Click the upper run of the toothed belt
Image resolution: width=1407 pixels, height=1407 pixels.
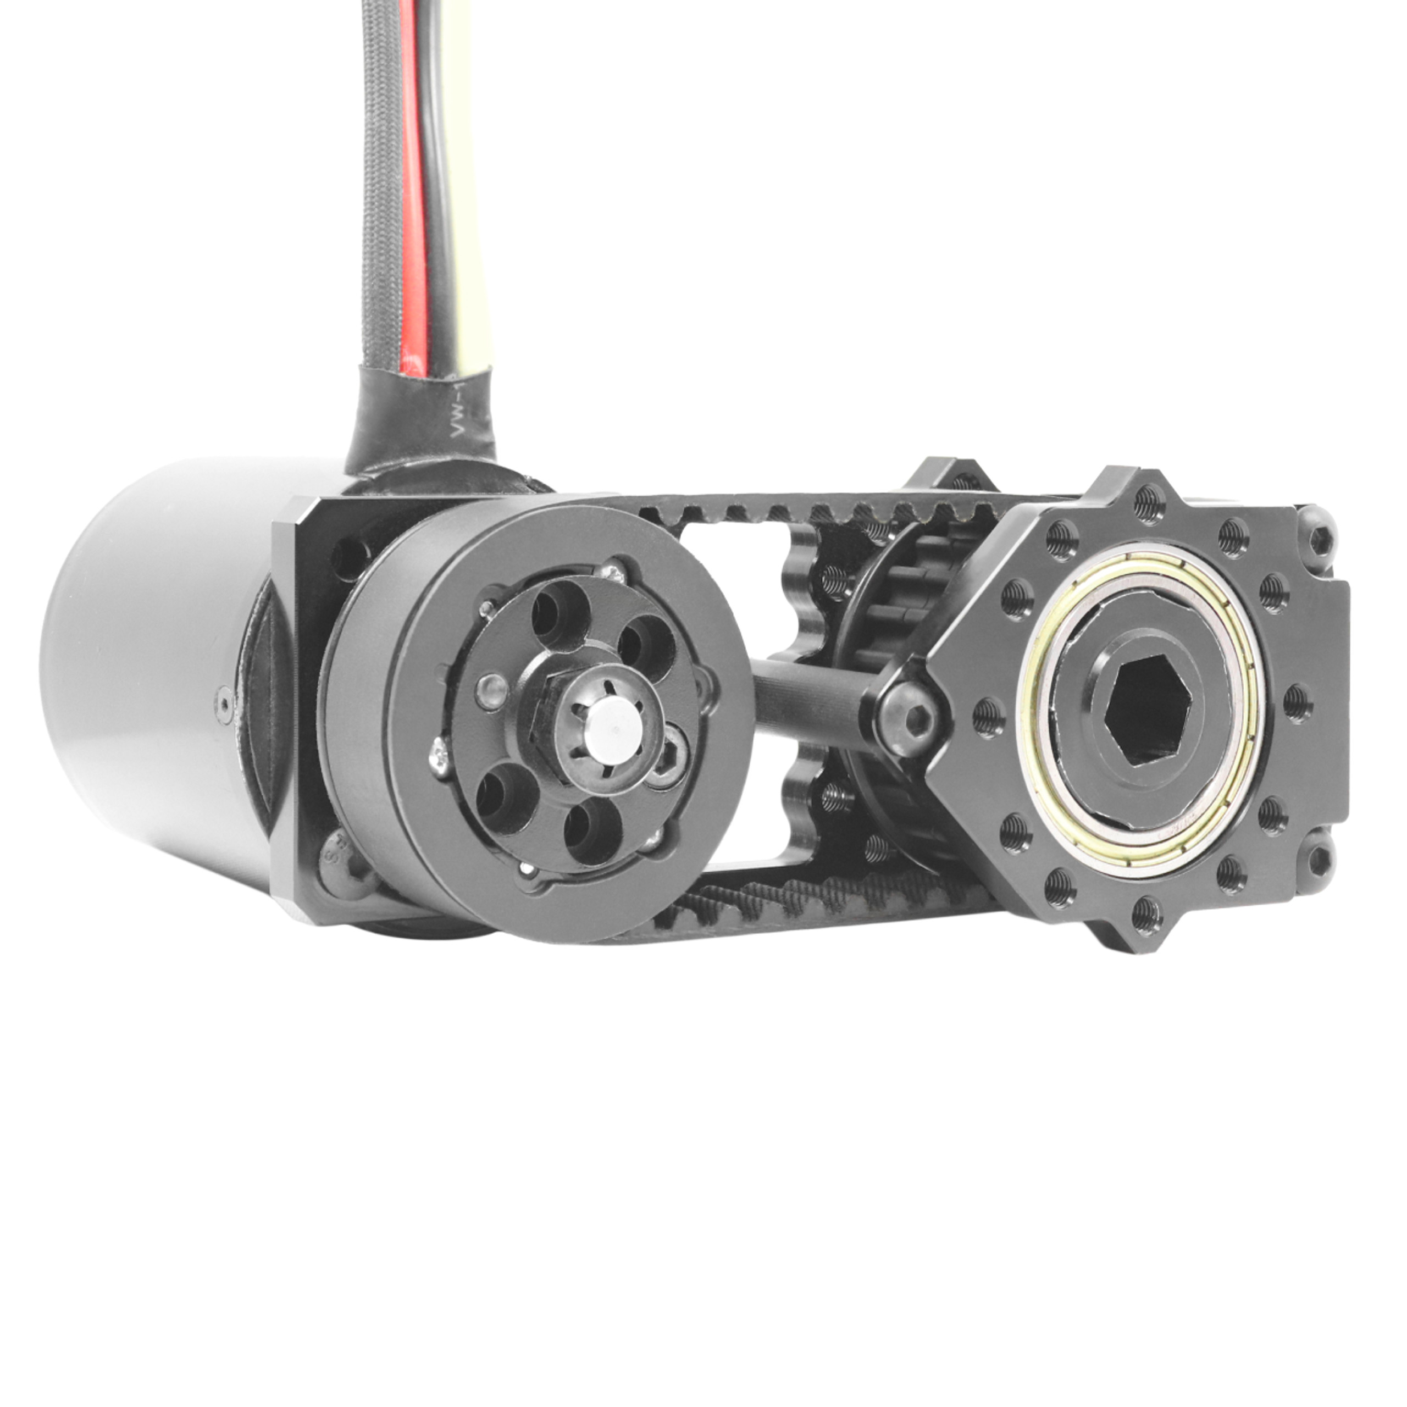[801, 508]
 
